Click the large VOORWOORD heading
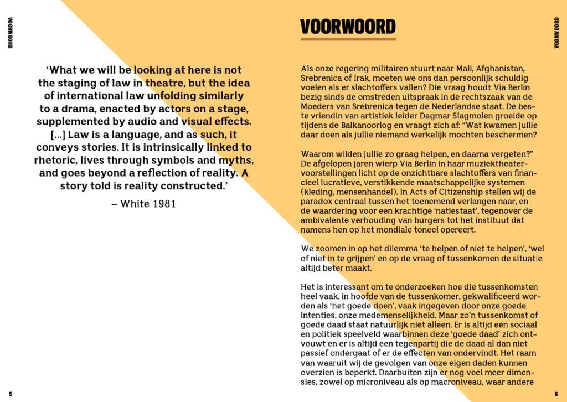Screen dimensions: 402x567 click(x=348, y=26)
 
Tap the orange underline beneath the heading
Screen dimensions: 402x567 click(x=348, y=39)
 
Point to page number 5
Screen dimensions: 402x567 click(x=10, y=394)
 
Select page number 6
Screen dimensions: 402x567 click(x=556, y=394)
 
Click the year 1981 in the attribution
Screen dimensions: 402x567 click(x=164, y=204)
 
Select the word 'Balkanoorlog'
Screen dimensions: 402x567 click(x=358, y=125)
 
